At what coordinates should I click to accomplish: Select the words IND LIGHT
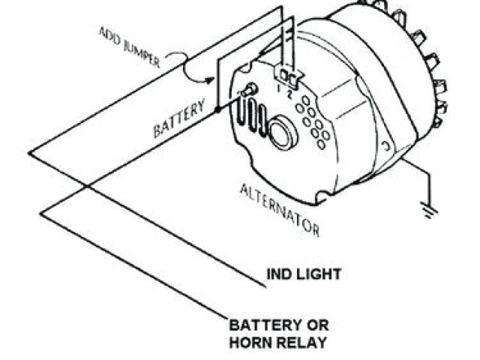[304, 274]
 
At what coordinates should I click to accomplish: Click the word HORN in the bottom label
[251, 343]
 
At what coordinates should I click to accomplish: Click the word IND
[278, 274]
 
